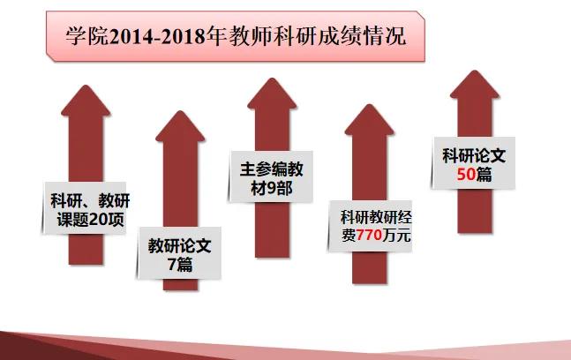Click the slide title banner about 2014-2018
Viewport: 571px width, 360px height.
[235, 37]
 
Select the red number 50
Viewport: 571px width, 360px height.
[467, 175]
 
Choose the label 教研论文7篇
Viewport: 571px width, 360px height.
[179, 253]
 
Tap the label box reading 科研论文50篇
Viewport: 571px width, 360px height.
[474, 165]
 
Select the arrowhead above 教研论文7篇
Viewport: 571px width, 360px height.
[179, 130]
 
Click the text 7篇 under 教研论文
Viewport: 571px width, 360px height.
[179, 264]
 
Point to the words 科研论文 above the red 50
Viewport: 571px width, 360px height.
[474, 155]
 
